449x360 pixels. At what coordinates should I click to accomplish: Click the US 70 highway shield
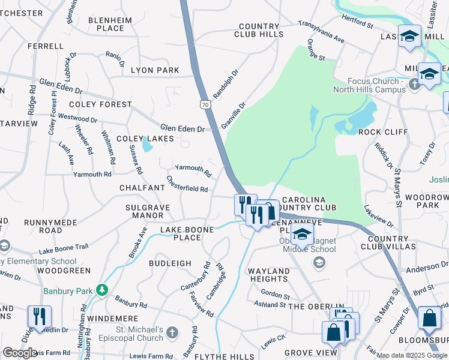pyautogui.click(x=206, y=104)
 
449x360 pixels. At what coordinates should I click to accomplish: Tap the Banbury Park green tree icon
pyautogui.click(x=102, y=290)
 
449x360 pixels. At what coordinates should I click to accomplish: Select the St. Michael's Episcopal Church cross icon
pyautogui.click(x=172, y=332)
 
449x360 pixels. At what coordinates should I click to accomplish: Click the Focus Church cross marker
pyautogui.click(x=414, y=85)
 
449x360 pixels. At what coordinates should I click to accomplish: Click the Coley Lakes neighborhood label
pyautogui.click(x=145, y=139)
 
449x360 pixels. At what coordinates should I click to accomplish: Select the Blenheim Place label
pyautogui.click(x=106, y=23)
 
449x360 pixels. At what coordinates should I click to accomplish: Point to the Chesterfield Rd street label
pyautogui.click(x=187, y=184)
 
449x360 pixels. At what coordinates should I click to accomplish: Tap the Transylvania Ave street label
pyautogui.click(x=322, y=31)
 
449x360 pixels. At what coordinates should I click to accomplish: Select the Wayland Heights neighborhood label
pyautogui.click(x=269, y=275)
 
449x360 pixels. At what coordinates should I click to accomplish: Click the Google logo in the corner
pyautogui.click(x=20, y=352)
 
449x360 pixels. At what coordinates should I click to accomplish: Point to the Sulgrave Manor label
pyautogui.click(x=148, y=211)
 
